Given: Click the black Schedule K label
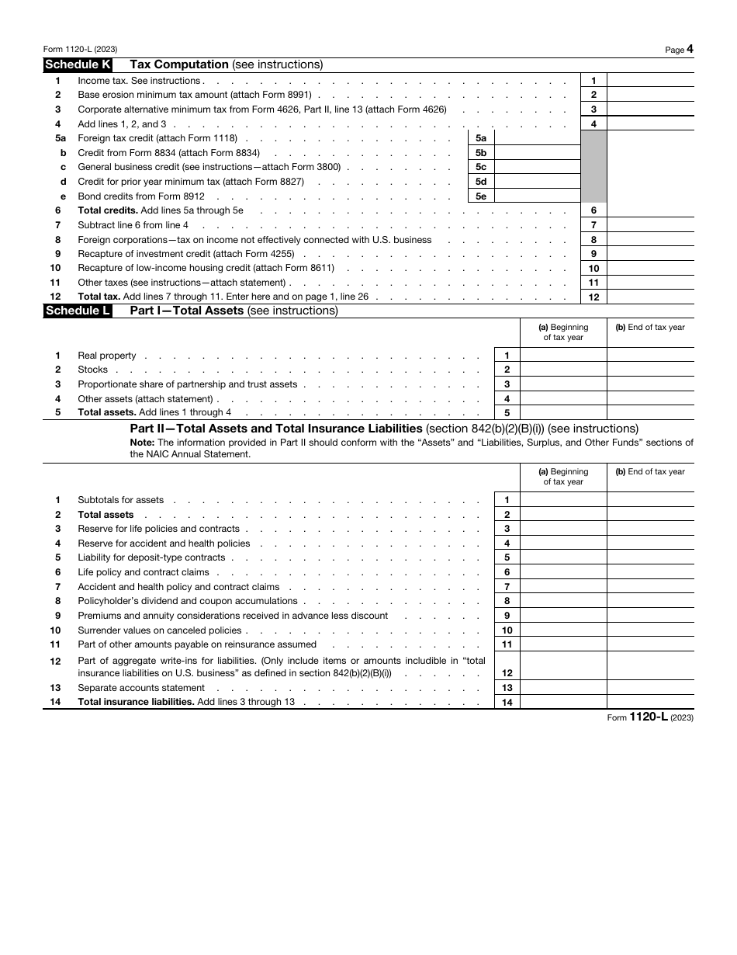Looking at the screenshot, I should [x=78, y=65].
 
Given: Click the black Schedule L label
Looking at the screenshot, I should [x=78, y=311].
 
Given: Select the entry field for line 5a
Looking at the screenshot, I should [x=537, y=138].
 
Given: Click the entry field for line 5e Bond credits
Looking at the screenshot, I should [x=537, y=196].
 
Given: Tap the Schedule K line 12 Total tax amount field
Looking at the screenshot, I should [x=650, y=297].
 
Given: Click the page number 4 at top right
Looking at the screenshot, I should [x=690, y=49].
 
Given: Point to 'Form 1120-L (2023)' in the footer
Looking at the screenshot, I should [x=650, y=717].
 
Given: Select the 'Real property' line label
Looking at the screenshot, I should [x=107, y=356].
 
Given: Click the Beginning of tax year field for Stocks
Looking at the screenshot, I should [x=563, y=370].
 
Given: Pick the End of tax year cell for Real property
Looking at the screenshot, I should [x=650, y=356].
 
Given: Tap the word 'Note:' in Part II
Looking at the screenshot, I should [x=142, y=443].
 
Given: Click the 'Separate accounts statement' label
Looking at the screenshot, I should [x=141, y=688].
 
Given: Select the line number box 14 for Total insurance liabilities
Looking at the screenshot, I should [x=507, y=703].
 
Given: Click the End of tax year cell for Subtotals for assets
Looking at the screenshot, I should [x=650, y=501].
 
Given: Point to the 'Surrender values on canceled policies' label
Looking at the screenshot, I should [x=160, y=630].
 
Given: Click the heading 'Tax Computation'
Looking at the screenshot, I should [x=179, y=65].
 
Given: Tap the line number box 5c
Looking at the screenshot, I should [x=481, y=167].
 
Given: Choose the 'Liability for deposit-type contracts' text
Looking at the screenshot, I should [x=151, y=557].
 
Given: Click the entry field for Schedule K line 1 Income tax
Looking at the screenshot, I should [x=650, y=80].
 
